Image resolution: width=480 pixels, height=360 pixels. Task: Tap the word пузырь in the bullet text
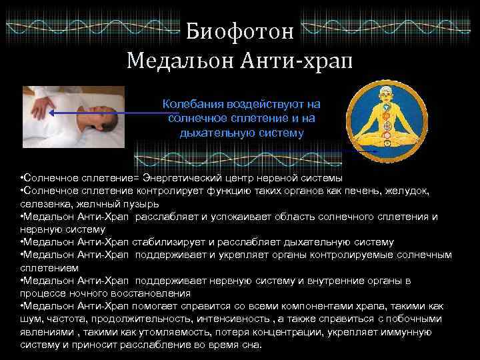(x=141, y=204)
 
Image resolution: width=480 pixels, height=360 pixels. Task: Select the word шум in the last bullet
(x=31, y=318)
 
